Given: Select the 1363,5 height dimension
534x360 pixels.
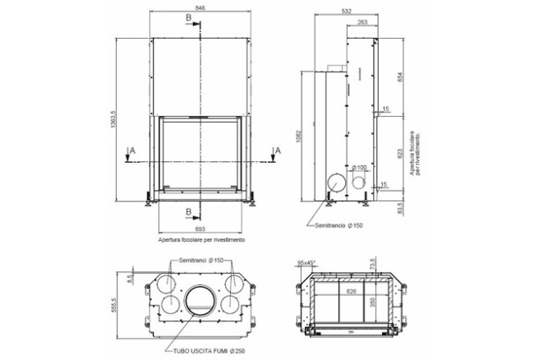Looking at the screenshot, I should [x=121, y=117].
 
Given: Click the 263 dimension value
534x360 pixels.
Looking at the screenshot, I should [x=361, y=23].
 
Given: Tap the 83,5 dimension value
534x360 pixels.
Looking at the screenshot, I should [x=400, y=207].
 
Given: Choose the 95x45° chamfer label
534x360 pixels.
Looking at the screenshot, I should [x=307, y=263].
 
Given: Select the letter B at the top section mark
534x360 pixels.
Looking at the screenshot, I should [x=189, y=16].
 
